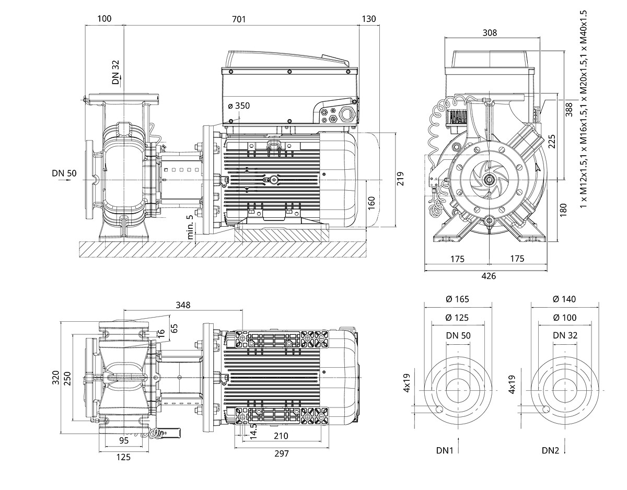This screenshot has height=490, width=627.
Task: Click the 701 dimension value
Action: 238,19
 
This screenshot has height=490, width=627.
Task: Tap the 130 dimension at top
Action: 369,19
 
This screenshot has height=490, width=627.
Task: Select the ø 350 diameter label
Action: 239,106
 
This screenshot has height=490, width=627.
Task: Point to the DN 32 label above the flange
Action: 116,72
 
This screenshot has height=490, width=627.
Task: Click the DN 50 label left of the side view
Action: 64,173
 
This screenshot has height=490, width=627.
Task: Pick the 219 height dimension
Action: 401,180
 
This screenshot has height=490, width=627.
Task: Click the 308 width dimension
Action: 490,33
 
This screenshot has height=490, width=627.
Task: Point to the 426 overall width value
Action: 489,276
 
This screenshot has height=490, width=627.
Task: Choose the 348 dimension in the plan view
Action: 183,305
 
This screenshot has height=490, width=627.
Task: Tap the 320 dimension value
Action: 55,378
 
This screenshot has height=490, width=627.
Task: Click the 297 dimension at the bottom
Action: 281,453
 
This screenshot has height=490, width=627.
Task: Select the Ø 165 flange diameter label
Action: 457,299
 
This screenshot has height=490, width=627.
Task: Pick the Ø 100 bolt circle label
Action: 564,318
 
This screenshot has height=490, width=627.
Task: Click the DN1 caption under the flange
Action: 444,450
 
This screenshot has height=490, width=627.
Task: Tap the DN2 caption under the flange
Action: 551,450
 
